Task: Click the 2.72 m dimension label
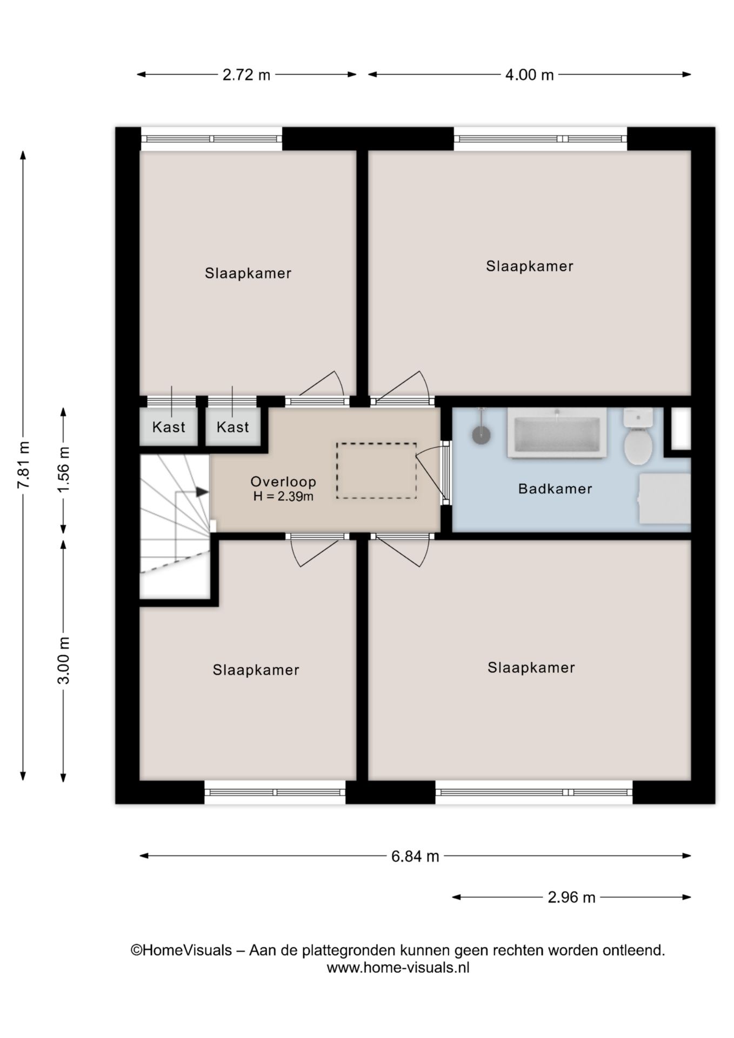[246, 75]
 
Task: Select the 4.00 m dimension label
[529, 75]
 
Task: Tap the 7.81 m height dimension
[23, 465]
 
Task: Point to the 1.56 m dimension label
[64, 469]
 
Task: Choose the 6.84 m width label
[415, 856]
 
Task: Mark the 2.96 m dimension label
[571, 897]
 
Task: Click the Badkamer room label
[555, 489]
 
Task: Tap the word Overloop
[283, 482]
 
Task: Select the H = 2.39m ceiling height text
[283, 496]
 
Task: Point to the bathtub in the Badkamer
[557, 432]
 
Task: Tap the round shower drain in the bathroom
[481, 435]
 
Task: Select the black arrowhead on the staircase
[202, 491]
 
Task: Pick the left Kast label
[169, 427]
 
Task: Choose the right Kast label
[232, 427]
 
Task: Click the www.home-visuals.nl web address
[398, 968]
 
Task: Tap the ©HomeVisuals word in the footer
[181, 950]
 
